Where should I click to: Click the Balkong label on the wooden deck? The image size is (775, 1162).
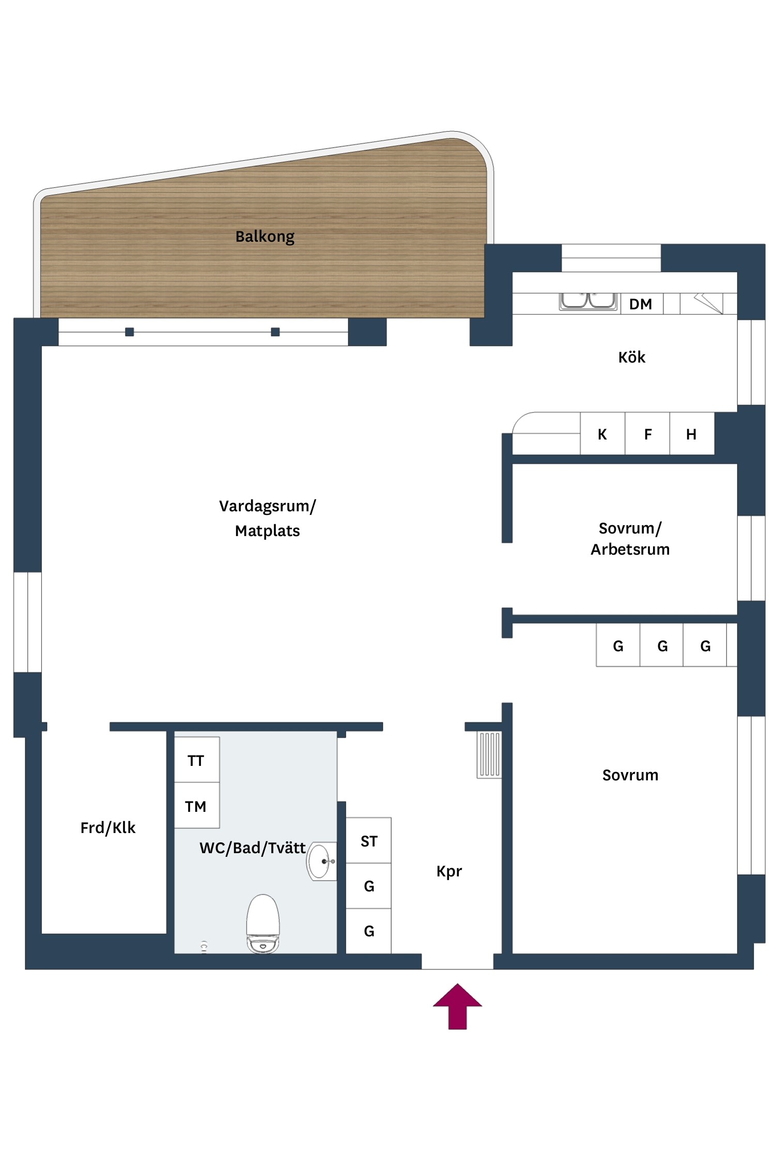tap(265, 237)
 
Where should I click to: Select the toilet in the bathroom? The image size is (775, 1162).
tap(263, 923)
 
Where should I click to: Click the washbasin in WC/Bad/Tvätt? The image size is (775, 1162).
tap(320, 861)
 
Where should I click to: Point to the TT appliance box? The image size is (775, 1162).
tap(196, 760)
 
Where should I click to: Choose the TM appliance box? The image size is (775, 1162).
tap(196, 806)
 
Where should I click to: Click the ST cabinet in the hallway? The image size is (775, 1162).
tap(368, 841)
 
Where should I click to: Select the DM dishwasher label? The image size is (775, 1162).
tap(640, 304)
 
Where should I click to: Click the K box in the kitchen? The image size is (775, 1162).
tap(602, 434)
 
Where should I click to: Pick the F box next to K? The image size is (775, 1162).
tap(647, 434)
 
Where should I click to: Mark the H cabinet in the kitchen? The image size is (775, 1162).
tap(691, 434)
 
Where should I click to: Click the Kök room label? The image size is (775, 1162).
tap(631, 357)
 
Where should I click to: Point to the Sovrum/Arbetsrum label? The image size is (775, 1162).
tap(630, 539)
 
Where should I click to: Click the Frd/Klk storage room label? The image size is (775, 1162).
tap(107, 828)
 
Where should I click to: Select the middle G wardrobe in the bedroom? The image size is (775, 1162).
tap(662, 646)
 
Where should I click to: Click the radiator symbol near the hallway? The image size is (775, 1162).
tap(489, 755)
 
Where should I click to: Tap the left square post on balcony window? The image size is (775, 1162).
tap(130, 332)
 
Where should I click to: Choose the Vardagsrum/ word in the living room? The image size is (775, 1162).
tap(267, 506)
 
